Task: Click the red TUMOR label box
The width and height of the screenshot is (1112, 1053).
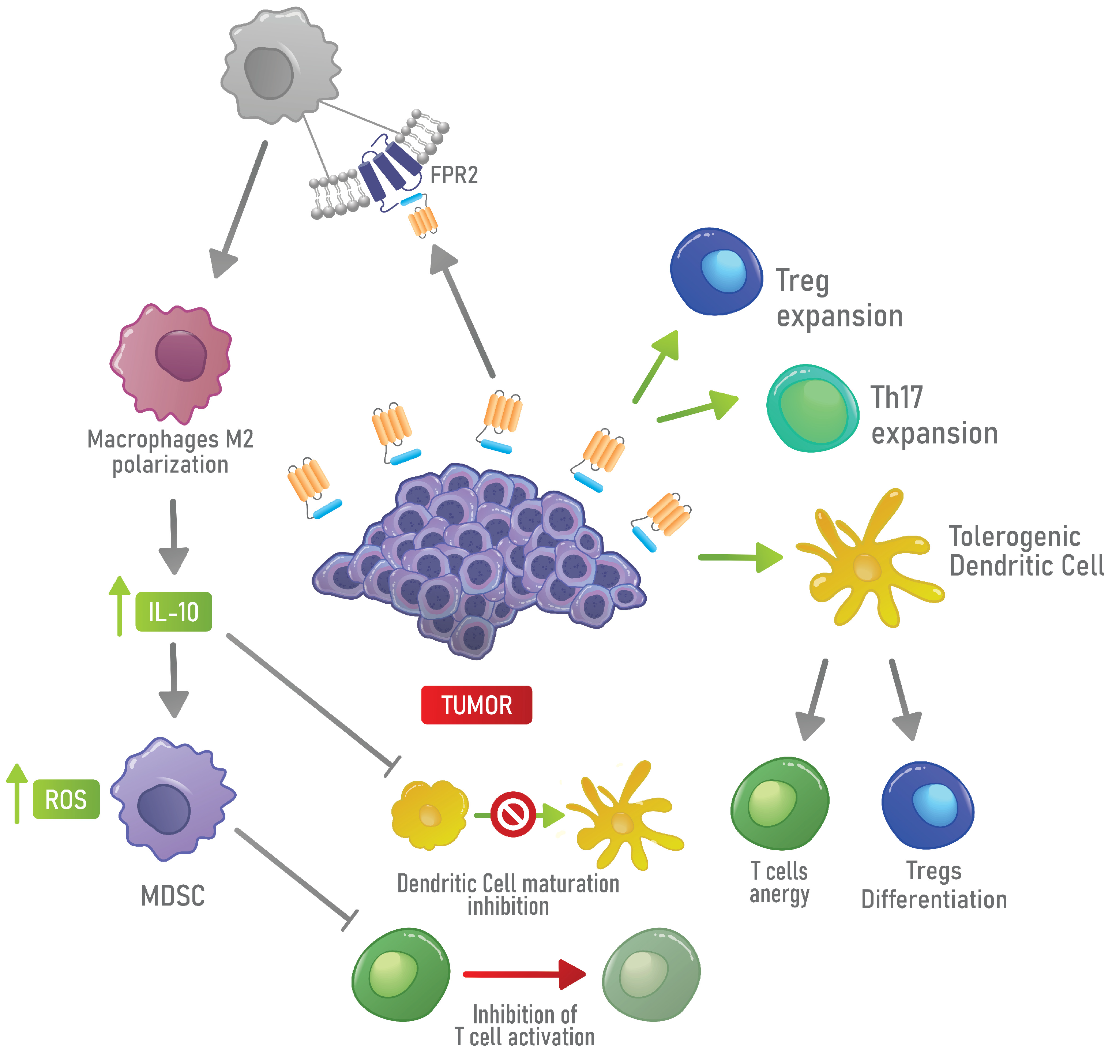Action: (x=476, y=705)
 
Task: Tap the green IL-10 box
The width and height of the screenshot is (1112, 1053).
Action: (x=173, y=612)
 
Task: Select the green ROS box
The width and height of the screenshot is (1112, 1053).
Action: (x=66, y=799)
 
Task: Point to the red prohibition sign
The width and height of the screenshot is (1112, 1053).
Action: (x=512, y=814)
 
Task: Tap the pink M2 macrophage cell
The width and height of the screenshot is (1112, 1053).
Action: (x=172, y=362)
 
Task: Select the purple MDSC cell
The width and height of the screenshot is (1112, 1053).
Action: (x=172, y=799)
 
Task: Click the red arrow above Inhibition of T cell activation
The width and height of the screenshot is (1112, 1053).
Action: (x=524, y=974)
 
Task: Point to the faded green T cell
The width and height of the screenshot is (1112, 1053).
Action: (x=651, y=974)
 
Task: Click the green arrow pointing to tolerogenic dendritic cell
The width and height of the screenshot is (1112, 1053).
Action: (x=741, y=557)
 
